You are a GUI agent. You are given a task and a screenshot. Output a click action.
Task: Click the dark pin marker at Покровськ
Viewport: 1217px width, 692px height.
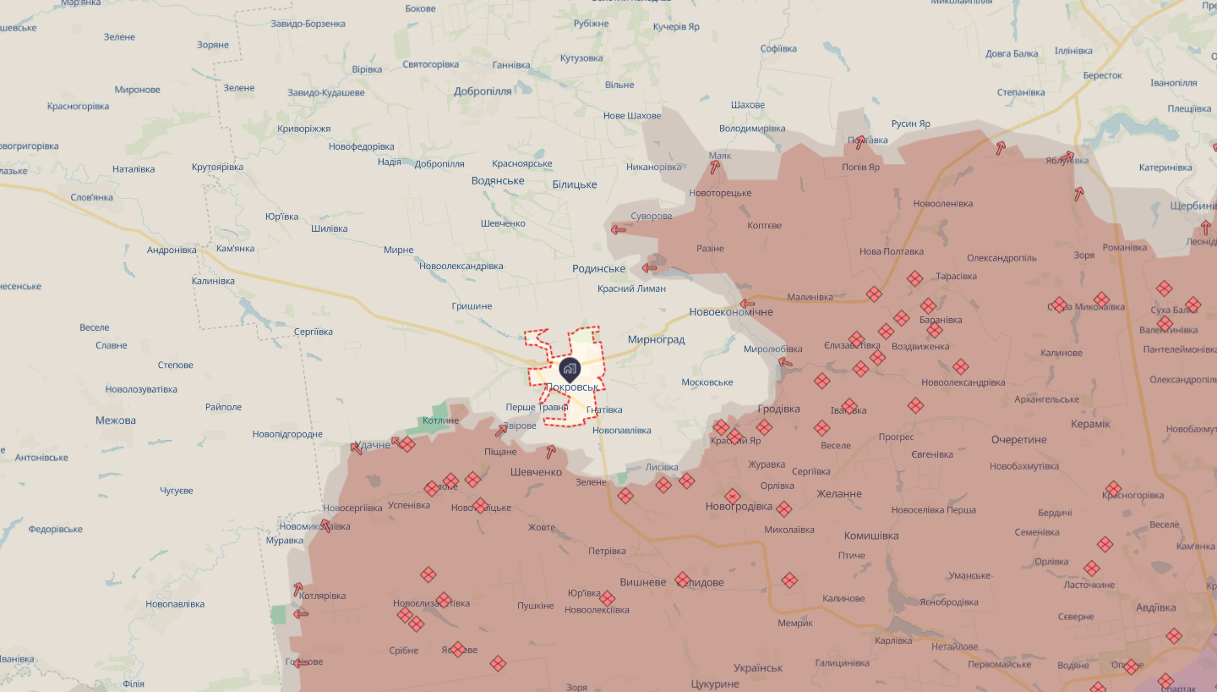coord(570,369)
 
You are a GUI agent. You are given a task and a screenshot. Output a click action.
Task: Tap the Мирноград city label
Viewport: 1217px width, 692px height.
coord(656,339)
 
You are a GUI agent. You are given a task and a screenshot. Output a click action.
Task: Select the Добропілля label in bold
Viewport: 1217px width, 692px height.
coord(483,91)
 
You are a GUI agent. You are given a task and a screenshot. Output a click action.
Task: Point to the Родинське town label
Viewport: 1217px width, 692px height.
coord(599,269)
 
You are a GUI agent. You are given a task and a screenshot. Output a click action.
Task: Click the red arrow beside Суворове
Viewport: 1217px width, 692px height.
coord(619,228)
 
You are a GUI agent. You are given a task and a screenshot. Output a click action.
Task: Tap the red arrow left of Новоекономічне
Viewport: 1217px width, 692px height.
coord(747,304)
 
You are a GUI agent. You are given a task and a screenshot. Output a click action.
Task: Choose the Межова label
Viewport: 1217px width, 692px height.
coord(116,420)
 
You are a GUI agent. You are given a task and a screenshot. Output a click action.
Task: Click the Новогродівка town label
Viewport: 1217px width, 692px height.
coord(739,507)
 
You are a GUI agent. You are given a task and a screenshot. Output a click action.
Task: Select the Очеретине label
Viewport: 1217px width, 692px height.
coord(1018,440)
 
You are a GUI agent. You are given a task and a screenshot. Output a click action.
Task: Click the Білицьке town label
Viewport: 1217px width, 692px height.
coord(574,184)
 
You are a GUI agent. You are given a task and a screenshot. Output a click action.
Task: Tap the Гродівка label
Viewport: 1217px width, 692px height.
coord(778,409)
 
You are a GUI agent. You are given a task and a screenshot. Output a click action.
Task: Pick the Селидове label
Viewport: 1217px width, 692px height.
coord(700,583)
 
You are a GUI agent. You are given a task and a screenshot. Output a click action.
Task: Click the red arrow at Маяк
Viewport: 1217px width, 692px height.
coord(715,167)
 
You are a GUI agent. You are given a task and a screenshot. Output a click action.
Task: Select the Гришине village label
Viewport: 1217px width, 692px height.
coord(472,305)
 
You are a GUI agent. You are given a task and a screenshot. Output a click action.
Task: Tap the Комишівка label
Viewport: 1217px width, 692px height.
coord(870,535)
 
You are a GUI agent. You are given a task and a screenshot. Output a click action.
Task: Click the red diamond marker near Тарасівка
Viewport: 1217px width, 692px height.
coord(914,278)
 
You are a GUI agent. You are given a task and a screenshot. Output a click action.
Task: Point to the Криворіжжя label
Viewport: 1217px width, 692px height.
coord(303,129)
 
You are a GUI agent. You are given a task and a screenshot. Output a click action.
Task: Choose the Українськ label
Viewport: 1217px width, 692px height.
coord(758,667)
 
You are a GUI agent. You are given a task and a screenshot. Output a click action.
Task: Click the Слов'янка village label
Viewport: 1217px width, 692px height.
coord(91,197)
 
